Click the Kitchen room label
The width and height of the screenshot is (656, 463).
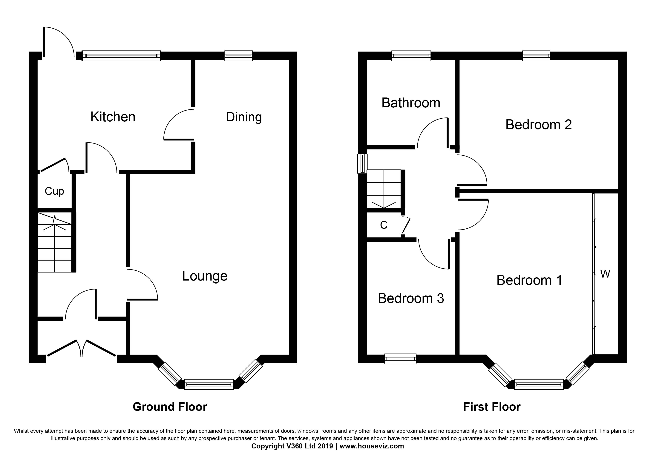click(x=113, y=117)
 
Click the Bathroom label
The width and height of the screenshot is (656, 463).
click(x=411, y=103)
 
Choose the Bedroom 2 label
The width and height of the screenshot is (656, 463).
click(x=539, y=125)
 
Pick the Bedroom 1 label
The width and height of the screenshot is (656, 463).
click(x=529, y=280)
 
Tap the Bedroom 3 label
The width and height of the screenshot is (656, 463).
click(x=411, y=298)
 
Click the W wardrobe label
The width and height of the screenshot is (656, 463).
click(x=605, y=274)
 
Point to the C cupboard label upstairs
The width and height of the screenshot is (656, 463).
click(x=384, y=225)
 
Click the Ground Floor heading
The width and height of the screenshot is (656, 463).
click(x=170, y=407)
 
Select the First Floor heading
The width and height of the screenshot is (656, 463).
click(x=492, y=407)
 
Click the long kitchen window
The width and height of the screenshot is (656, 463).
click(x=121, y=56)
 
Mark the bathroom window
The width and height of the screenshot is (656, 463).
click(x=411, y=56)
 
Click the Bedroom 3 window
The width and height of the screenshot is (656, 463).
click(x=400, y=359)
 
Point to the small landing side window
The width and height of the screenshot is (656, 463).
click(x=363, y=164)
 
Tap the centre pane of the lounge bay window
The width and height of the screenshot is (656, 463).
click(x=209, y=384)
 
